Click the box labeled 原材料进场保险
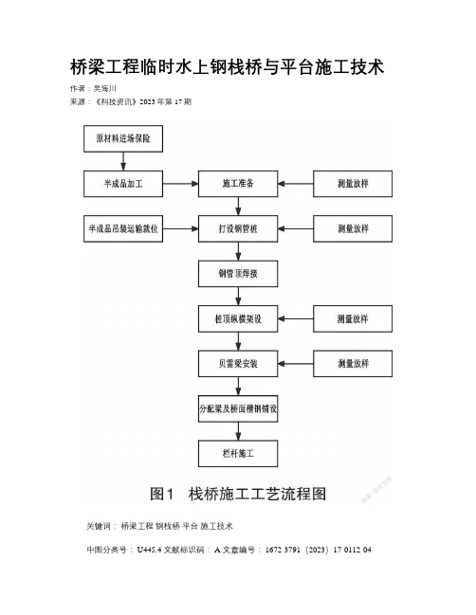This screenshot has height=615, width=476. click(x=123, y=138)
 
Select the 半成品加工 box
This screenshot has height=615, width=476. click(x=123, y=184)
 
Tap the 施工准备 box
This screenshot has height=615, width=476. click(x=238, y=184)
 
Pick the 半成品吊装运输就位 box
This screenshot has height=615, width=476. click(x=123, y=228)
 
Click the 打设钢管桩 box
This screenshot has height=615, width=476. click(x=238, y=228)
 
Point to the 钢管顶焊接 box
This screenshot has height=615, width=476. click(x=238, y=273)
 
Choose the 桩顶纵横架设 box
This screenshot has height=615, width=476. click(x=238, y=319)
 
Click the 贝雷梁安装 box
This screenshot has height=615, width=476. click(x=238, y=364)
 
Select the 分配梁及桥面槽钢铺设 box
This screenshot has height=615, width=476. click(x=238, y=408)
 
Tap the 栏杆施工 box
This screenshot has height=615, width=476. click(x=238, y=453)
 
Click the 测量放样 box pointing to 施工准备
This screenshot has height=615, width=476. click(x=353, y=184)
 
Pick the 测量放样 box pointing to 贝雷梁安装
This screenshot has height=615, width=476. click(x=353, y=364)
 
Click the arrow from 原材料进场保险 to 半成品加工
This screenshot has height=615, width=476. click(x=123, y=161)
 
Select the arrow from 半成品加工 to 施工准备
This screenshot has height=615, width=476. click(x=180, y=184)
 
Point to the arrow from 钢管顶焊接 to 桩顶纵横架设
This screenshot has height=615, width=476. click(x=238, y=296)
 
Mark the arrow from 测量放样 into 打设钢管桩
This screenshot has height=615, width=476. click(x=296, y=228)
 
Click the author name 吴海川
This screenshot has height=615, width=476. click(x=104, y=89)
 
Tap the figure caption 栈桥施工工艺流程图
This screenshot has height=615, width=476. click(x=257, y=494)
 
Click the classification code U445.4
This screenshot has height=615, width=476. click(x=149, y=550)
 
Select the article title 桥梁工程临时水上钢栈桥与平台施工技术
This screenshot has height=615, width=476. click(x=227, y=66)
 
